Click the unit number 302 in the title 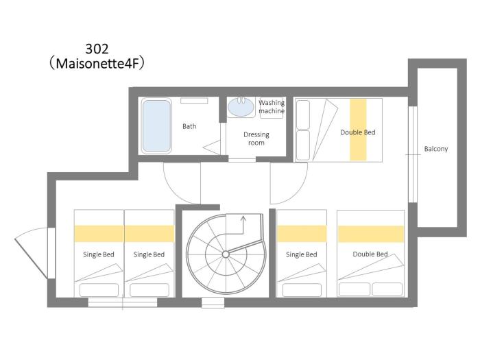pos(97,49)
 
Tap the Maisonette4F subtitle pos(97,64)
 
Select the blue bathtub pos(156,125)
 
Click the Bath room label pos(189,126)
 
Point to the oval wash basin pos(241,107)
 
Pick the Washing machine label pos(272,106)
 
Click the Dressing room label pos(256,139)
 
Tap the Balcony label pos(436,149)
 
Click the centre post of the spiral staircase pos(226,254)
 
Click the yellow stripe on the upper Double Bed pos(358,130)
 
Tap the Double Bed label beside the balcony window pos(358,132)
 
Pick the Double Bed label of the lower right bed pos(370,254)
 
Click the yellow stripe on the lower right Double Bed pos(371,234)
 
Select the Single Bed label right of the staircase pos(302,254)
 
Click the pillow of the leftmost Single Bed pos(99,290)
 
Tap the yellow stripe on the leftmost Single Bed pos(99,234)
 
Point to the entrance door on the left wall pos(34,253)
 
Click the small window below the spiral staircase pos(213,302)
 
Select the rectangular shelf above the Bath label pos(194,101)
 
